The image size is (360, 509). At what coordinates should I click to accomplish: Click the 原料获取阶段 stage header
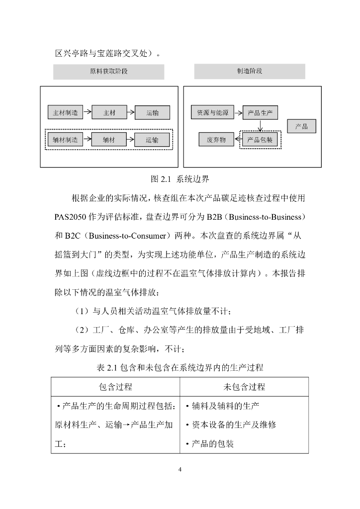(108, 72)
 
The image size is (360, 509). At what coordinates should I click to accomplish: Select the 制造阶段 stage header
(250, 71)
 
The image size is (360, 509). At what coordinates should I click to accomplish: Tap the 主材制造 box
(66, 113)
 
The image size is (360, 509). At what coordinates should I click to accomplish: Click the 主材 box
(109, 113)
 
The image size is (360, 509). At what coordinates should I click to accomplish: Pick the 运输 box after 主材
(152, 113)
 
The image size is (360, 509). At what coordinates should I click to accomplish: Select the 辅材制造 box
(66, 140)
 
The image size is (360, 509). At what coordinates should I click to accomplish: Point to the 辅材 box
(109, 140)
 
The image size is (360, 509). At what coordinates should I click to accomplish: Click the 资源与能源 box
(212, 113)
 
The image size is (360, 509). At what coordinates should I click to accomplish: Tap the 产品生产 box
(260, 113)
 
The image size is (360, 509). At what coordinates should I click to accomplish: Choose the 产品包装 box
(260, 140)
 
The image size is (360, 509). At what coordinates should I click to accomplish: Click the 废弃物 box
(216, 140)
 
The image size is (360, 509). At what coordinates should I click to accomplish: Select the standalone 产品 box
(301, 126)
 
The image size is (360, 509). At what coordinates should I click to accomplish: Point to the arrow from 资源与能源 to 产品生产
(238, 113)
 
